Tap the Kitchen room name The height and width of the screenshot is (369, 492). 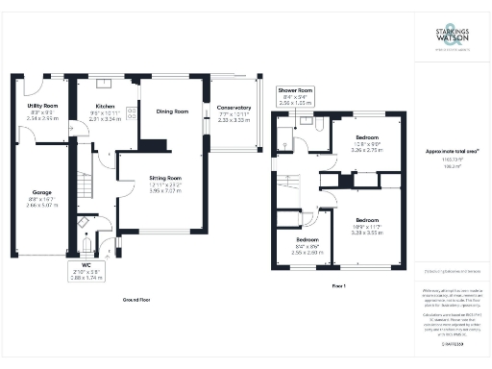click(105, 106)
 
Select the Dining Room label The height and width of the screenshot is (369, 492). click(174, 111)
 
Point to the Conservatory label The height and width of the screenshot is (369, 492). click(234, 107)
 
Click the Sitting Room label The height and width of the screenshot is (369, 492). click(166, 178)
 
